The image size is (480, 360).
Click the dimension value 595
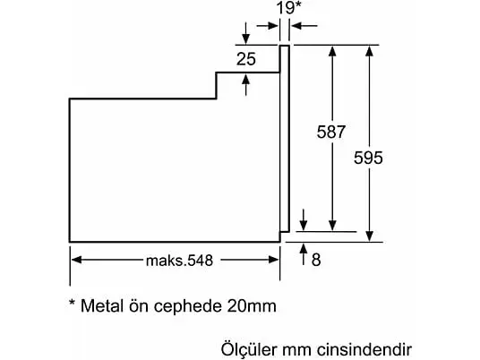click(x=368, y=158)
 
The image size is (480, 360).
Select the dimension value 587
click(x=331, y=132)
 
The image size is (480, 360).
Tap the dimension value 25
click(x=245, y=59)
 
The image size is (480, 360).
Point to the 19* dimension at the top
click(x=289, y=8)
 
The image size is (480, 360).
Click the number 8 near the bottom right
click(x=316, y=260)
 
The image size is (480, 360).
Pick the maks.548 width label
click(x=179, y=261)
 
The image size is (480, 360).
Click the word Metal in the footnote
click(x=103, y=305)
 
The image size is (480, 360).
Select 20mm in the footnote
click(x=252, y=305)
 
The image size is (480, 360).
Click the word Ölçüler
click(x=249, y=349)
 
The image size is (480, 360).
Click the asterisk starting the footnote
click(x=72, y=303)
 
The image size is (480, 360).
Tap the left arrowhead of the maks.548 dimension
click(x=76, y=260)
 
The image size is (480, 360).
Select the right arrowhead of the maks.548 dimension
click(x=273, y=260)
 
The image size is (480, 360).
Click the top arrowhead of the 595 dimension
click(x=370, y=51)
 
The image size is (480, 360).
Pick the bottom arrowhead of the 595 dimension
click(x=370, y=236)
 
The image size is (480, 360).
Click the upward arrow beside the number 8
click(x=304, y=254)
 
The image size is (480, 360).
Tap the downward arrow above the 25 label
click(x=245, y=33)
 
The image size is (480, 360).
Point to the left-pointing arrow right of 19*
click(x=304, y=26)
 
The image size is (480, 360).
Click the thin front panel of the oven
click(x=285, y=139)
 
